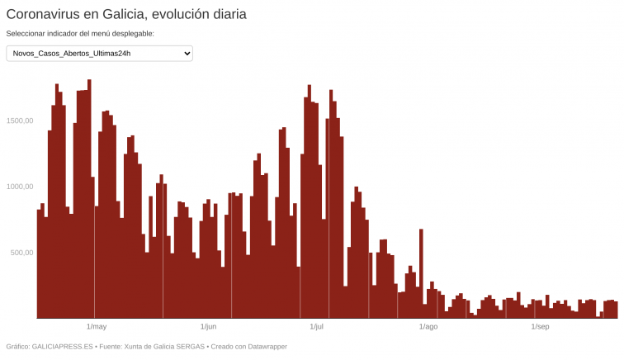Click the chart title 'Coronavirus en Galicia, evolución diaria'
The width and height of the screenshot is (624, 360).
click(126, 14)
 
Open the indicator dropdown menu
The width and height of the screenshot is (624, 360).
click(99, 54)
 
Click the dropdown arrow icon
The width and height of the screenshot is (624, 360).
click(187, 54)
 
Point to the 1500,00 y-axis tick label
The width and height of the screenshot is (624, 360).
click(20, 121)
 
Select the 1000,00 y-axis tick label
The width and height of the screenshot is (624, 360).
click(20, 187)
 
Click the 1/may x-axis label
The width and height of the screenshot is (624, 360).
click(97, 327)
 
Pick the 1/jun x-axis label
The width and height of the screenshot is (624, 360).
click(208, 327)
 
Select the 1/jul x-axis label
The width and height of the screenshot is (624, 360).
click(316, 327)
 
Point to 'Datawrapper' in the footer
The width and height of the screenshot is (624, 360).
click(262, 347)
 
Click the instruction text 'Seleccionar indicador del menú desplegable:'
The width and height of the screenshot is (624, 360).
click(80, 34)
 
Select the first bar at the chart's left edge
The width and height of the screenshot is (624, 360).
click(39, 264)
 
